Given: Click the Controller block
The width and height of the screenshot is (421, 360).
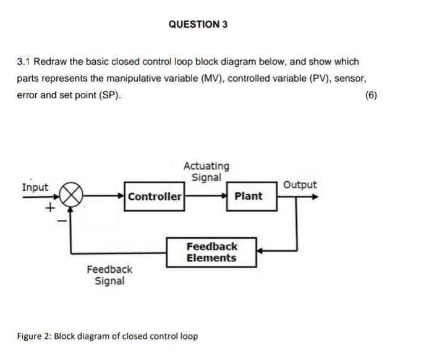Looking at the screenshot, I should coord(155,197).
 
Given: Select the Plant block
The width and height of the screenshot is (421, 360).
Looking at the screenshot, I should coord(249,196).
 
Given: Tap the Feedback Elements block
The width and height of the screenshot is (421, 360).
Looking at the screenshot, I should coord(211,252).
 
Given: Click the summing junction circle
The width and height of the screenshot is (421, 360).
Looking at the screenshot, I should coord(72,196).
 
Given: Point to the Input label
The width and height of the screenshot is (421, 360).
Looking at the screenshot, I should coord(35,187).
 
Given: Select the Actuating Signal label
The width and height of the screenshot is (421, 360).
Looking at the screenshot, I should coord(206,171).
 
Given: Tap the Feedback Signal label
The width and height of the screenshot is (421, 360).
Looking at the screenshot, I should coord(109,275).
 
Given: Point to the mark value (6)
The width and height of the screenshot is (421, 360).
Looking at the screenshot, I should coord(370,95).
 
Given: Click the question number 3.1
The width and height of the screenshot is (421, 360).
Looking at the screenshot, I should coord(23,62).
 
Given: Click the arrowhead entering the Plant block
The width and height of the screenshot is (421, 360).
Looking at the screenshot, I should coord(223,196).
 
